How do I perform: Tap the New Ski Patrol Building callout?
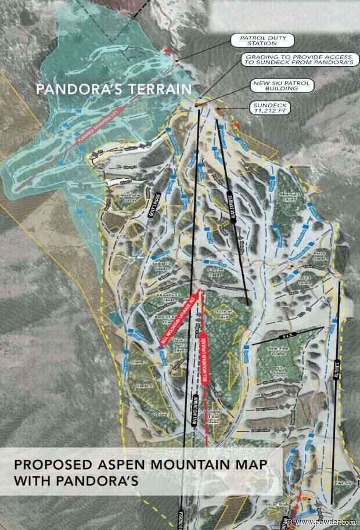[x=281, y=86]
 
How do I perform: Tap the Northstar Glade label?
[x=131, y=197]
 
